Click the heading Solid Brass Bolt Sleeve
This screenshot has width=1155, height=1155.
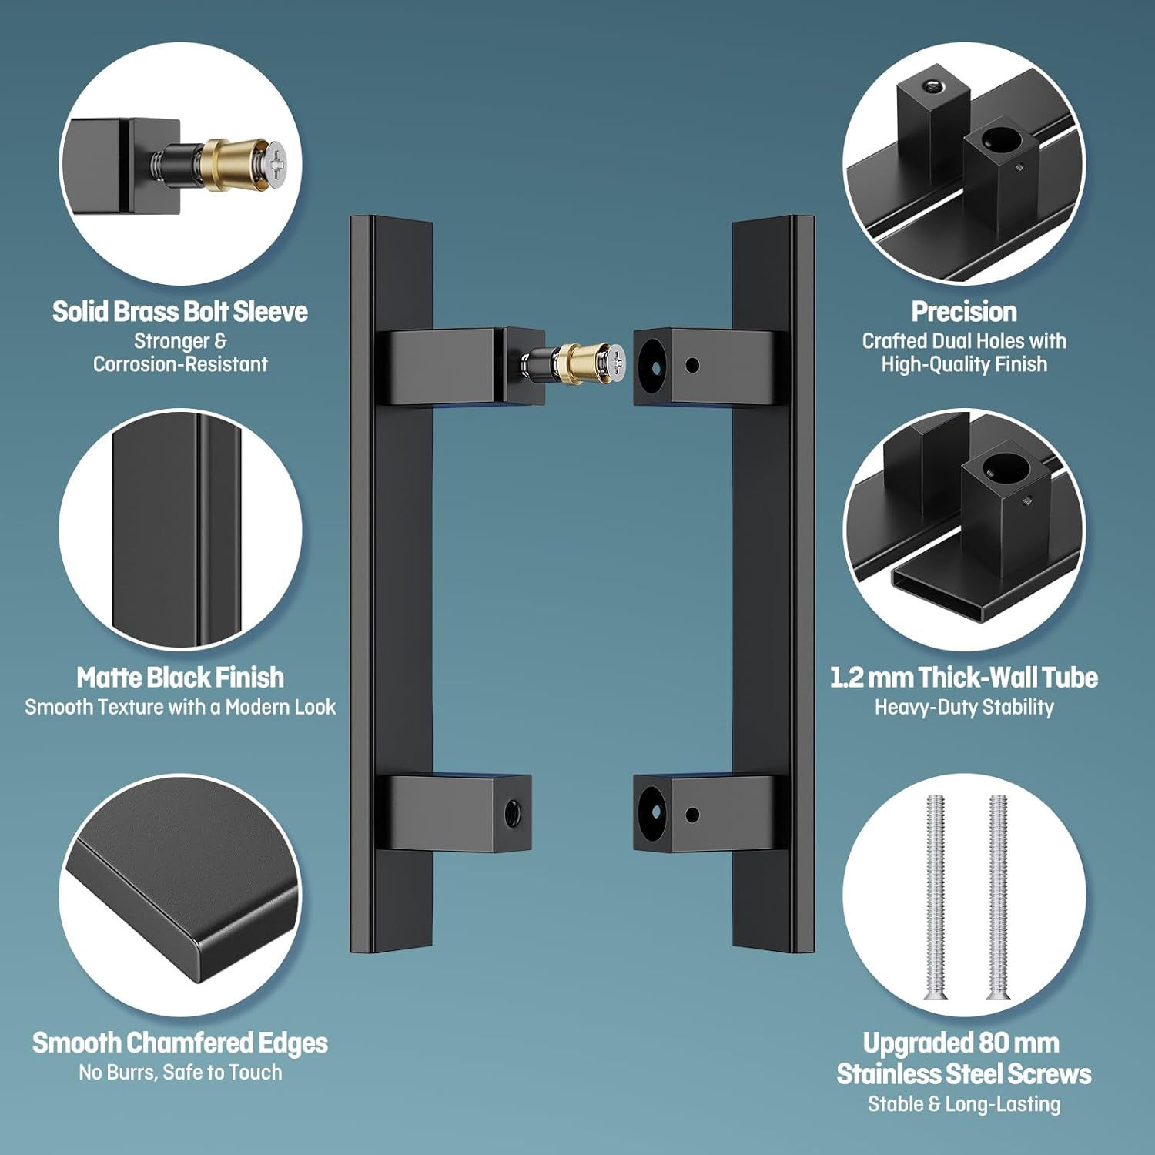click(x=179, y=312)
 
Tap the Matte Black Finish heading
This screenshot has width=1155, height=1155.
click(x=180, y=678)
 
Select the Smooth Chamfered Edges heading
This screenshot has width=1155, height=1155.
click(x=180, y=1043)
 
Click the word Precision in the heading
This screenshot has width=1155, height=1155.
click(x=964, y=312)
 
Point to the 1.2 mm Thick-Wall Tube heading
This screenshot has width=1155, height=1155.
click(x=963, y=678)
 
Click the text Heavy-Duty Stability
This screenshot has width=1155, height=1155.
click(x=964, y=707)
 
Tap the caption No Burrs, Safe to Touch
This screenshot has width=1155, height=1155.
click(x=180, y=1072)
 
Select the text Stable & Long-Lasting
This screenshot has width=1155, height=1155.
click(x=964, y=1103)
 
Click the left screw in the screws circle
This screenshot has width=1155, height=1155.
click(x=936, y=897)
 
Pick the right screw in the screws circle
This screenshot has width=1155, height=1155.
click(x=998, y=897)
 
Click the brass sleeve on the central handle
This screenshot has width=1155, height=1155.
click(x=577, y=360)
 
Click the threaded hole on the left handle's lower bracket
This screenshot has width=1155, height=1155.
click(x=511, y=813)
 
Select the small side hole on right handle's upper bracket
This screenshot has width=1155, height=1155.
click(x=692, y=365)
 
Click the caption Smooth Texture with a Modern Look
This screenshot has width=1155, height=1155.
click(x=180, y=707)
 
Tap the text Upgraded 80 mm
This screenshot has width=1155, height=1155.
click(x=961, y=1043)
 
